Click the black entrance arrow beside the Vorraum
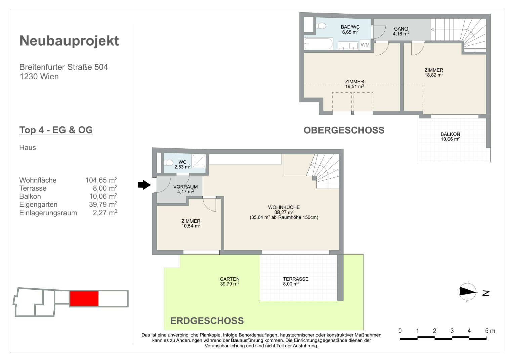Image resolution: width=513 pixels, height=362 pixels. [144, 185]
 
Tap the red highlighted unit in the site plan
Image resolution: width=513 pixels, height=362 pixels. [84, 298]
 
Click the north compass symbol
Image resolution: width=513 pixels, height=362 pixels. [468, 292]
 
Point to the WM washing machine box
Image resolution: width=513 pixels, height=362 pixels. [365, 45]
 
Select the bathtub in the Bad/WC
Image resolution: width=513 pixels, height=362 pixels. [318, 44]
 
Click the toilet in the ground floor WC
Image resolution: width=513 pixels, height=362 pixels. [168, 163]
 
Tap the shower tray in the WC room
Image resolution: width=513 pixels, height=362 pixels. [199, 161]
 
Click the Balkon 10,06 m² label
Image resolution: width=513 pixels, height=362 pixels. [450, 137]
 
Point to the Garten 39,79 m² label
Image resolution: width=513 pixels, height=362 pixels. [229, 281]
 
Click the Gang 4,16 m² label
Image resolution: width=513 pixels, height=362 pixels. [401, 31]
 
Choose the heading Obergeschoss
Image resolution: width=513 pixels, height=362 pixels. [344, 130]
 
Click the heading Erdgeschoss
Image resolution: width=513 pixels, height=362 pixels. [207, 321]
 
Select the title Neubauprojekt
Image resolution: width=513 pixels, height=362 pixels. [69, 41]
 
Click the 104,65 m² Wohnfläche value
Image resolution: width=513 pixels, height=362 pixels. [101, 180]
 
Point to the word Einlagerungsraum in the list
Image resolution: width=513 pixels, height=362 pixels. [48, 213]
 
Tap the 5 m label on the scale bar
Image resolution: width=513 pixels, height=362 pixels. [490, 331]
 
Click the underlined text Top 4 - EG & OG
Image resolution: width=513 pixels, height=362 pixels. [56, 130]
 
